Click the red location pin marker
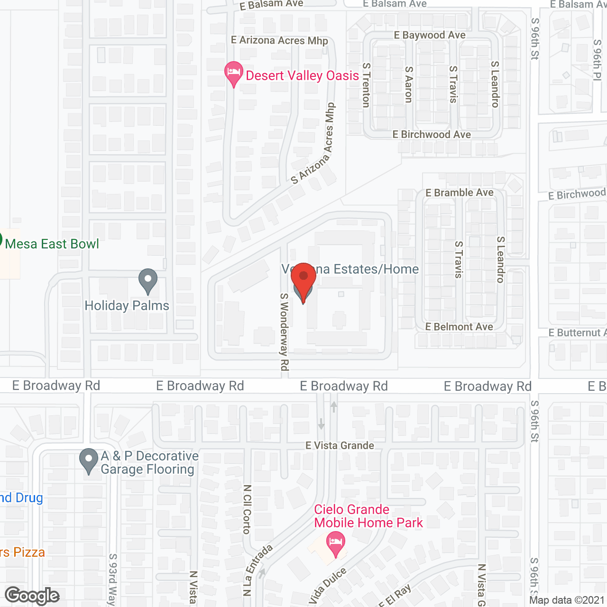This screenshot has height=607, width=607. point(303,279)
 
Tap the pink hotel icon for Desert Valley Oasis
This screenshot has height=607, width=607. point(233,73)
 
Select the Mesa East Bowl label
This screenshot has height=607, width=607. point(52,244)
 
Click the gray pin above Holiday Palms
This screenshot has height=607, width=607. point(148,281)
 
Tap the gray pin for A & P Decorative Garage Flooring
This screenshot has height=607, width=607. point(89,460)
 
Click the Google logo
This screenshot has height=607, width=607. point(32,596)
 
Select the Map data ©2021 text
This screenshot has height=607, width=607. point(567,600)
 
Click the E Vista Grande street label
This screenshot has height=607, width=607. point(340,445)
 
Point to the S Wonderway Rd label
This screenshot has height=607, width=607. point(284,331)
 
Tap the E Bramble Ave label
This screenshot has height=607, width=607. point(459,193)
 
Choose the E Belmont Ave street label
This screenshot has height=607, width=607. point(459,327)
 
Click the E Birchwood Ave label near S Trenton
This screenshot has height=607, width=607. point(432,135)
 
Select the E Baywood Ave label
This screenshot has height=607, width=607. point(430,35)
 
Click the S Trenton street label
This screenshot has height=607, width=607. point(366,85)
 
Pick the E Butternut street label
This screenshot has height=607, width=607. point(577,333)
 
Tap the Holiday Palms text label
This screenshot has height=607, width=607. point(127,306)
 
